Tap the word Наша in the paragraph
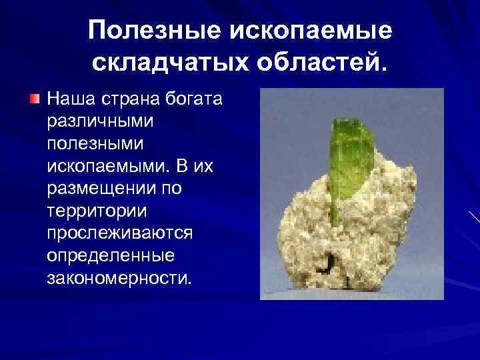(71, 100)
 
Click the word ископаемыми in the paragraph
(109, 167)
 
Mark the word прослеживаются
(119, 233)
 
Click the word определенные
(111, 255)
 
